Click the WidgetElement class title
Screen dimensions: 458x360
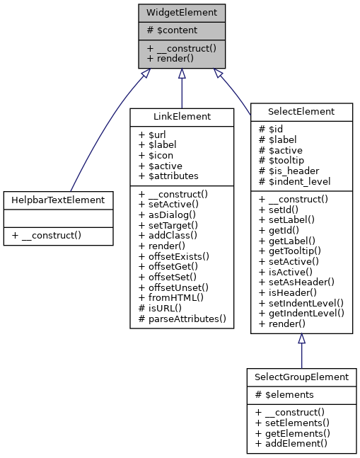[x=182, y=13]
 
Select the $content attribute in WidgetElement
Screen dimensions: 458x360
[x=172, y=30]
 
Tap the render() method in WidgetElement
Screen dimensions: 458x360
[x=171, y=58]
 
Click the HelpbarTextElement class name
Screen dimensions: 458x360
[x=58, y=200]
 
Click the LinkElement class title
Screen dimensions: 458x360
[x=182, y=115]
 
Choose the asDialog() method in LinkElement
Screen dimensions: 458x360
[x=170, y=214]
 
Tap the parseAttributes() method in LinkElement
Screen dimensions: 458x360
[x=182, y=320]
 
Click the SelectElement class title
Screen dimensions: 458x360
[x=301, y=111]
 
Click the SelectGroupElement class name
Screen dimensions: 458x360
[x=301, y=377]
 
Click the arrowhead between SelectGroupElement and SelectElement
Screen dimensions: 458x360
[x=301, y=339]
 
